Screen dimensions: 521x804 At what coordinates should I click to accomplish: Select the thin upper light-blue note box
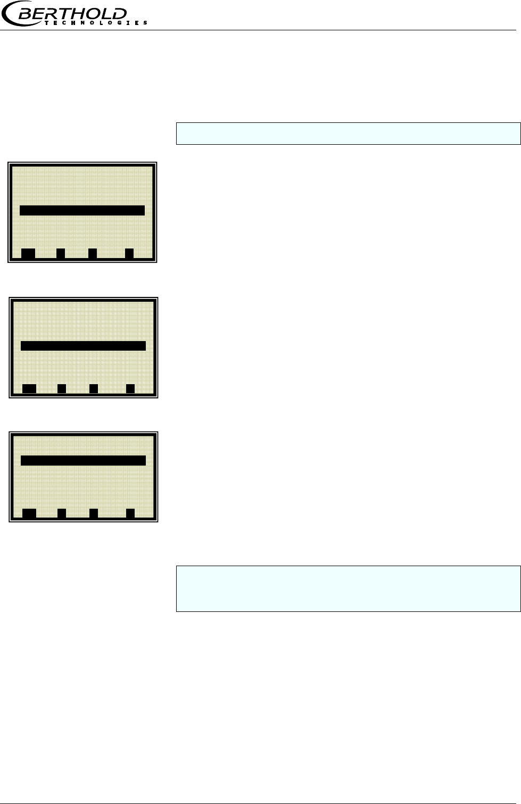click(x=348, y=134)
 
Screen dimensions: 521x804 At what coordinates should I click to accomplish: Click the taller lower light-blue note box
click(x=348, y=589)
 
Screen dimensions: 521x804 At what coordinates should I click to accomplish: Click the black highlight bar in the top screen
click(x=82, y=210)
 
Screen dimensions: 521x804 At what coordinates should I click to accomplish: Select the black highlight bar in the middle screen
click(x=83, y=346)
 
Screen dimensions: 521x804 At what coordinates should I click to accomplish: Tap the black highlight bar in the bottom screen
click(x=83, y=460)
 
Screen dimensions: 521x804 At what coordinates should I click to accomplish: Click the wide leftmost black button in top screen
click(x=28, y=253)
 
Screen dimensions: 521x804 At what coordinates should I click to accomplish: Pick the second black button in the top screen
click(x=61, y=253)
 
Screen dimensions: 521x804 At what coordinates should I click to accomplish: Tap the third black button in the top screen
click(x=93, y=253)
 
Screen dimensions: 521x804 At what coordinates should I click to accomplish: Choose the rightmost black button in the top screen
click(x=129, y=253)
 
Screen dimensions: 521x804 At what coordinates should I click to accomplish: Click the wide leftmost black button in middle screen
click(x=29, y=388)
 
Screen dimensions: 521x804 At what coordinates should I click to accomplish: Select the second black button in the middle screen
click(x=62, y=388)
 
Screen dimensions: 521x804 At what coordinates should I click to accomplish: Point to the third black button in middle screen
click(x=94, y=388)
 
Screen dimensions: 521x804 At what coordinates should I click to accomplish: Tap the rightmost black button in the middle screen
click(x=130, y=388)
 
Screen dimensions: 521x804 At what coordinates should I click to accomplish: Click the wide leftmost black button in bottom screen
click(x=29, y=513)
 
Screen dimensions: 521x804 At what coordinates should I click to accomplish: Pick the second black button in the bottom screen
click(x=62, y=513)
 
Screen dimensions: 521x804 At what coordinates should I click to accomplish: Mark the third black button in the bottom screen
click(x=94, y=513)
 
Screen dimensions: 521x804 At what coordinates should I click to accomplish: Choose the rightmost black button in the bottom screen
click(x=130, y=513)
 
